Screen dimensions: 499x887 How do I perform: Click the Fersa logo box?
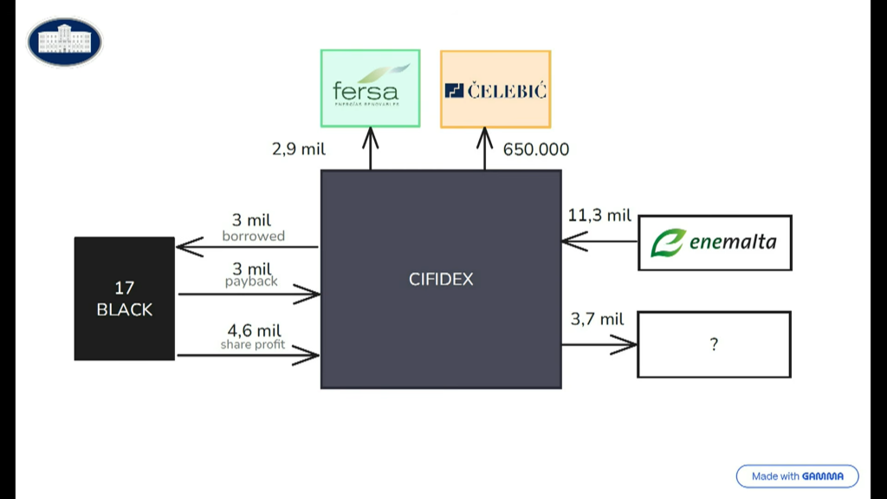coord(370,88)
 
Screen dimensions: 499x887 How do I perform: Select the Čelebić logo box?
coord(495,89)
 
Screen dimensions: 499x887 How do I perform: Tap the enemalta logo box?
coord(715,243)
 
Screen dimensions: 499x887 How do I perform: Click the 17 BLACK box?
coord(125,298)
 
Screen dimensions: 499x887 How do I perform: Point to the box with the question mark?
coord(714,344)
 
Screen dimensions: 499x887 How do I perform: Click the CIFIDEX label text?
coord(441,279)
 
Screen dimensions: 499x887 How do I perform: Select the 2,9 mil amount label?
coord(299,149)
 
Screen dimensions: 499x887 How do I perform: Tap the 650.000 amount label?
coord(536,149)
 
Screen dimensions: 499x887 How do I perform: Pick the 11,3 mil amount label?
coord(599,215)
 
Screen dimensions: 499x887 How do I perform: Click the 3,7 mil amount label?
coord(597,319)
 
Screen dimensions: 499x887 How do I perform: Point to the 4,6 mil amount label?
coord(255,330)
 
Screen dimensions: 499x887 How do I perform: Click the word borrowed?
coord(253,236)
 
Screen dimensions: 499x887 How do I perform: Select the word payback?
coord(251,282)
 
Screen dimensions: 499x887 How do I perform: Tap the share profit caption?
coord(253,345)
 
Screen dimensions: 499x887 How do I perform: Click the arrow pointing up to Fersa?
coord(371,148)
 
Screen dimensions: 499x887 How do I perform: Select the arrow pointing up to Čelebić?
coord(484,148)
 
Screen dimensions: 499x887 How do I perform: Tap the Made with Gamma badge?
coord(797,476)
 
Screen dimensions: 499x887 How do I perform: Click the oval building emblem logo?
coord(65,42)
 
